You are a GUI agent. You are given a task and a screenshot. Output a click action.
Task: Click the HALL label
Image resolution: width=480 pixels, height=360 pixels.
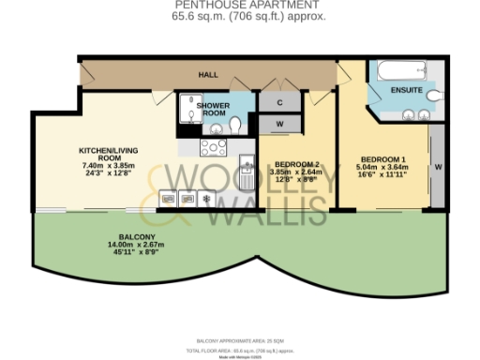[x=208, y=73]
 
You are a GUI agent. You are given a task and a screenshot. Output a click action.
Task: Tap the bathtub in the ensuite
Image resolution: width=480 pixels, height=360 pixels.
[x=400, y=71]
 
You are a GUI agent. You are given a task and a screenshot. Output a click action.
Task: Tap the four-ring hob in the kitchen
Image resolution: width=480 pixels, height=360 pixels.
[x=213, y=146]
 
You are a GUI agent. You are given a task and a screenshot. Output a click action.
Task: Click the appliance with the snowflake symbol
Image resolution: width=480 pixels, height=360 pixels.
[x=205, y=198]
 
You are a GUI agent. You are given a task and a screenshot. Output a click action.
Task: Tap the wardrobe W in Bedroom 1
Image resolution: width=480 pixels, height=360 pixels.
[x=438, y=168]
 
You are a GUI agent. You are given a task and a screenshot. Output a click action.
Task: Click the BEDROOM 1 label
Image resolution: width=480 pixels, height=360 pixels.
[x=384, y=157]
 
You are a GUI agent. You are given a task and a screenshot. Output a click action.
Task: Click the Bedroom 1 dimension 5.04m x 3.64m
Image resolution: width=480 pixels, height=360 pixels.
[x=384, y=166]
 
